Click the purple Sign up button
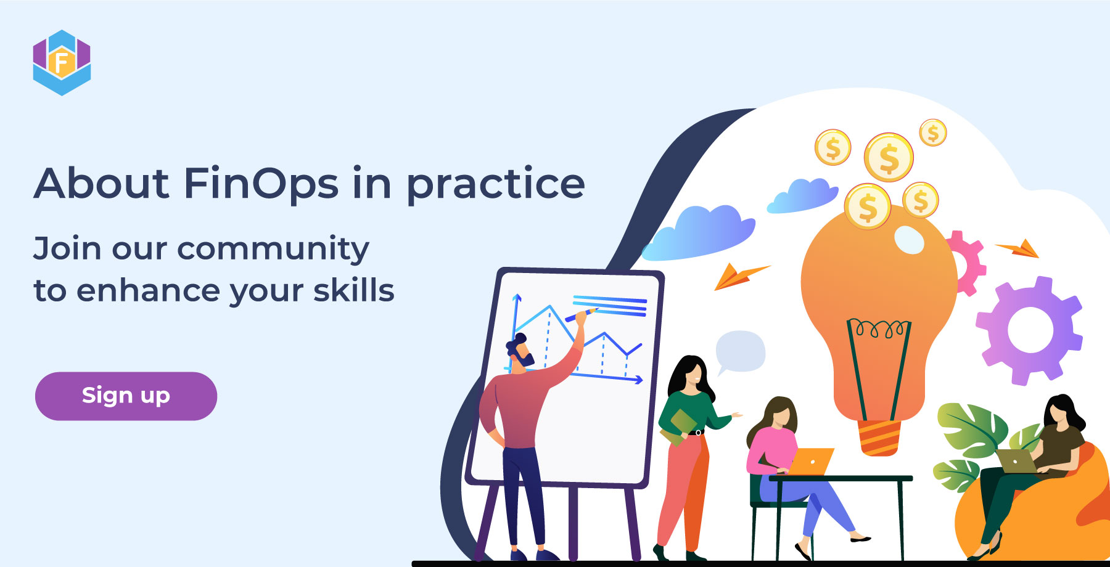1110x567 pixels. (x=126, y=396)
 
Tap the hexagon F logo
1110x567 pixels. (x=62, y=62)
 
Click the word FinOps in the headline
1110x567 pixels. (x=261, y=184)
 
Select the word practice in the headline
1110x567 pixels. (x=495, y=185)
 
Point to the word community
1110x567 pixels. (x=273, y=249)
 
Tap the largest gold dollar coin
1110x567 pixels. (x=889, y=158)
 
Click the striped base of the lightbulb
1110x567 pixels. (x=879, y=438)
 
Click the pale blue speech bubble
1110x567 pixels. (x=741, y=351)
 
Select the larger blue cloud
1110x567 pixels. (x=700, y=233)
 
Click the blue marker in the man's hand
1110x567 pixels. (x=580, y=316)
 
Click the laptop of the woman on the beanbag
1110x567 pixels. (x=1016, y=461)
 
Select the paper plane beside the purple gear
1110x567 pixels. (x=1021, y=249)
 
